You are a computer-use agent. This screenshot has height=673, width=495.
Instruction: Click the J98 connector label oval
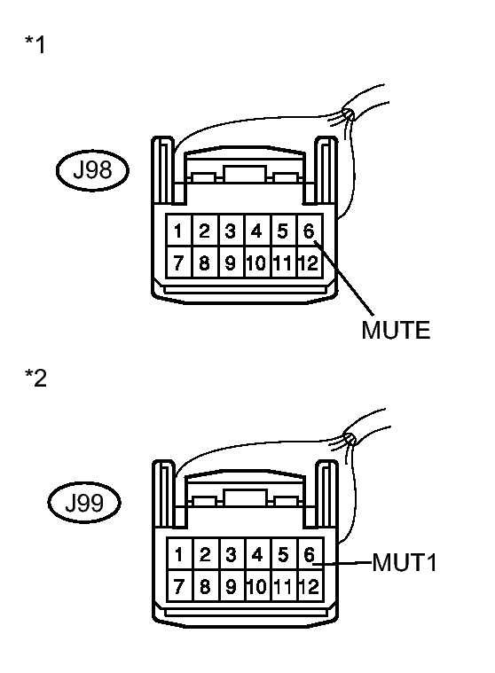(x=92, y=171)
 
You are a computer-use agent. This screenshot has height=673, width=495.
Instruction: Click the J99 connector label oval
(x=92, y=505)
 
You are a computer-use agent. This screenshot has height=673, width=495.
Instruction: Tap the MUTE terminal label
(x=395, y=332)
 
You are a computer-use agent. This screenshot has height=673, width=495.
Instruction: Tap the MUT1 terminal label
(x=405, y=563)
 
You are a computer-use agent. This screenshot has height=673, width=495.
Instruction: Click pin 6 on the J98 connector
(x=308, y=231)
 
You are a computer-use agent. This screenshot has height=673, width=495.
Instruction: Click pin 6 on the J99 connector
(x=308, y=555)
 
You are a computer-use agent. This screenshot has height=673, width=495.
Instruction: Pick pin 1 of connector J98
(x=178, y=231)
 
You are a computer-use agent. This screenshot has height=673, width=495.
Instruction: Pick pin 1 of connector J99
(x=178, y=555)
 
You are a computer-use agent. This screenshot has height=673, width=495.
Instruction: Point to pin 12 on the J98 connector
(x=308, y=263)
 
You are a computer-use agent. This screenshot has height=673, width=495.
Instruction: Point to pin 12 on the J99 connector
(x=308, y=586)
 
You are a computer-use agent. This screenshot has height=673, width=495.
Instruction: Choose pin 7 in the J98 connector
(x=178, y=263)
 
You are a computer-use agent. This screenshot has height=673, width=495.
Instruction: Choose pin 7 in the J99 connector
(x=178, y=586)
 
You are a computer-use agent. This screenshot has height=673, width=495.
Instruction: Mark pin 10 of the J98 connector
(x=256, y=263)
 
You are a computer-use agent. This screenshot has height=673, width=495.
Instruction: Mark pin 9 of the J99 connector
(x=230, y=586)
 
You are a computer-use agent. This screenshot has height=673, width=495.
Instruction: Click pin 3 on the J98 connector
(x=230, y=231)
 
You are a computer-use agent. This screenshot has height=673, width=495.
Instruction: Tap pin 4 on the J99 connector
(x=256, y=555)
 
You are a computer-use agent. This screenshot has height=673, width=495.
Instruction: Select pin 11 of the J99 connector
(x=282, y=586)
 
